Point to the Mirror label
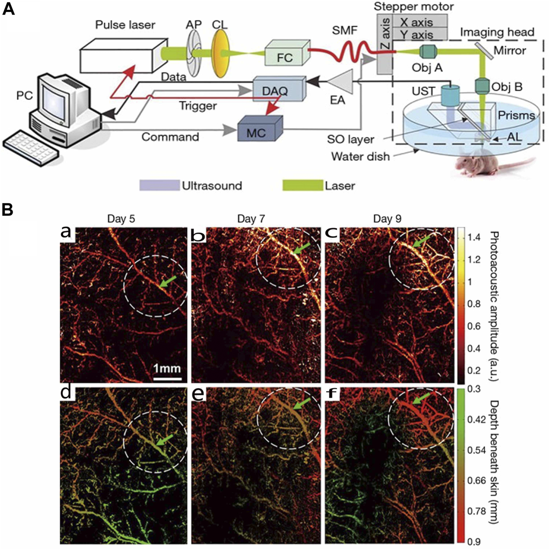click(510, 51)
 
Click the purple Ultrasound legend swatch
click(159, 186)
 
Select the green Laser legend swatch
click(302, 186)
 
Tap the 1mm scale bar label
click(167, 369)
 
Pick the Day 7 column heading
click(251, 219)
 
